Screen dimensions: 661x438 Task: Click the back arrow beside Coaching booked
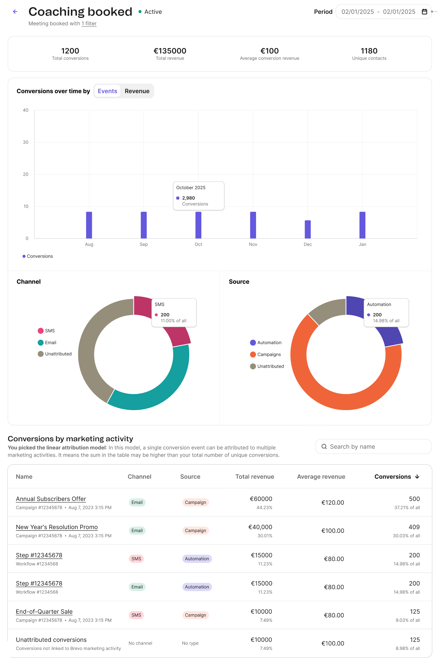pos(15,11)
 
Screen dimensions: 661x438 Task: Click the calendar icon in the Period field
pos(424,12)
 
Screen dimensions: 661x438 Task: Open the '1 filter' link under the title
pos(89,23)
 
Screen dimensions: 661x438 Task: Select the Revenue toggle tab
pos(137,91)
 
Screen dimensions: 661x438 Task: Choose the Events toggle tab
pos(107,91)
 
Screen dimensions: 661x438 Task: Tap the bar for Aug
pos(89,225)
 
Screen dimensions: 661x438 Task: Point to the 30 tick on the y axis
pos(26,142)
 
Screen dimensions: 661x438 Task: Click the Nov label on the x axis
pos(253,244)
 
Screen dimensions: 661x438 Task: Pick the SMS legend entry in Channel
pos(46,331)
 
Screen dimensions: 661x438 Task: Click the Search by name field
pos(373,446)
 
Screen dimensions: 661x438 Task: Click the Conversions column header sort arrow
pos(417,476)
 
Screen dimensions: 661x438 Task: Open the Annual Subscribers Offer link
pos(51,499)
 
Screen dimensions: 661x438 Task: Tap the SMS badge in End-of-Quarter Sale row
pos(136,615)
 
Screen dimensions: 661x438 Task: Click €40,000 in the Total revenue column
pos(260,527)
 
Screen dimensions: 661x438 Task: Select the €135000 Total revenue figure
pos(170,51)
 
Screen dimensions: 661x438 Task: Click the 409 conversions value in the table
pos(414,527)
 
